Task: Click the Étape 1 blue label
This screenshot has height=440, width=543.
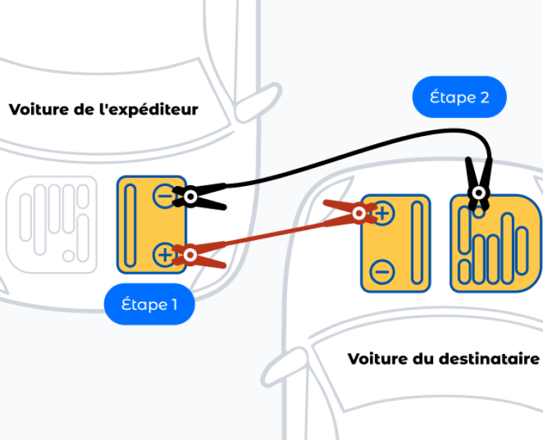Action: (x=148, y=305)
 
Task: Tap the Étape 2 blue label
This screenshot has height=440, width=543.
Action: (x=459, y=97)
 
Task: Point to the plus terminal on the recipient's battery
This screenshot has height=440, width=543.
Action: (x=382, y=213)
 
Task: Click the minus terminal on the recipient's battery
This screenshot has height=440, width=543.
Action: (x=382, y=273)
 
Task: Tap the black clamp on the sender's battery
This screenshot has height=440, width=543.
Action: (x=203, y=198)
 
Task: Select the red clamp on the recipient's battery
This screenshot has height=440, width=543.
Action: (x=348, y=211)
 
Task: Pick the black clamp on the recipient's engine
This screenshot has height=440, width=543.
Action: (x=478, y=185)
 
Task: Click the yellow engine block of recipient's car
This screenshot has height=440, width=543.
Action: (x=496, y=242)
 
